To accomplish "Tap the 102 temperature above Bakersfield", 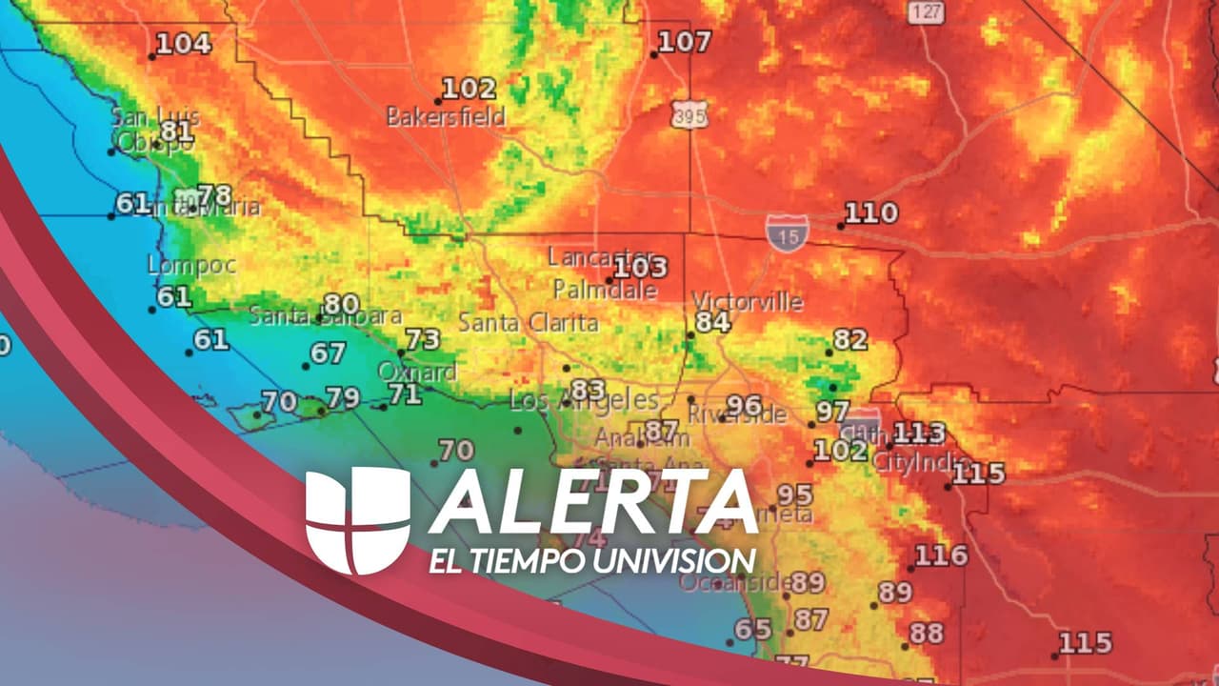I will click(469, 90).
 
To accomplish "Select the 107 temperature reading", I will click(684, 42).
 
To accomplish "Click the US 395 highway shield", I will click(688, 113).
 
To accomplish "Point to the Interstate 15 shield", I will click(787, 232).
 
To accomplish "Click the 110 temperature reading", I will click(870, 213).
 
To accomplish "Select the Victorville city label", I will click(748, 302).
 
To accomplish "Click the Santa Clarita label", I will click(528, 323).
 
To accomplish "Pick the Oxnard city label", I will click(417, 372).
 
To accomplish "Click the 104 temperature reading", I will click(183, 43).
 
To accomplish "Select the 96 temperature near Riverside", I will click(744, 405).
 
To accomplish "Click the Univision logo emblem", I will click(357, 520).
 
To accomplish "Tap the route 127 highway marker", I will click(926, 12).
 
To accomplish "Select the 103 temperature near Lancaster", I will click(640, 268).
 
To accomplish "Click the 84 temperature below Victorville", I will click(711, 322).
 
